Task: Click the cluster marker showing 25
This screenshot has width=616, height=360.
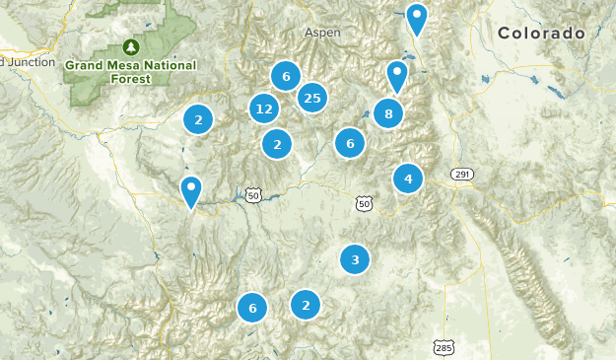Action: click(312, 97)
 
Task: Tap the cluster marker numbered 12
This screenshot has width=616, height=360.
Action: click(263, 108)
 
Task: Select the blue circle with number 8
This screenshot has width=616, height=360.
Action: click(388, 113)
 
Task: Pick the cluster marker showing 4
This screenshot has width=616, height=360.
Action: click(408, 179)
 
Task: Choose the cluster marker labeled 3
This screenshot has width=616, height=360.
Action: click(355, 259)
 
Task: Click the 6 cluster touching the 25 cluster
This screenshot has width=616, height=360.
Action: click(286, 76)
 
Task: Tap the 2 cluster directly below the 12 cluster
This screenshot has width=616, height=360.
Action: click(277, 144)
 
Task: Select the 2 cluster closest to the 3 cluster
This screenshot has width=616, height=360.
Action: click(306, 305)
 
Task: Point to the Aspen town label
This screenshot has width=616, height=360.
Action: click(322, 33)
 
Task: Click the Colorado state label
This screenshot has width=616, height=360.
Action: click(541, 34)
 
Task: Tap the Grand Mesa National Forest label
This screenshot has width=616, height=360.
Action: click(130, 72)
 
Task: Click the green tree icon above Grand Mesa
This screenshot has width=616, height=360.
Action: click(130, 46)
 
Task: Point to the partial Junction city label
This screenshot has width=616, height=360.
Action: click(15, 61)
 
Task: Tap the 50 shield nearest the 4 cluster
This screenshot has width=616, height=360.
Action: click(365, 203)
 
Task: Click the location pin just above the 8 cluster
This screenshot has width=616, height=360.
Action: click(397, 75)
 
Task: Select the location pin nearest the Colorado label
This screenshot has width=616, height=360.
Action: click(418, 18)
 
